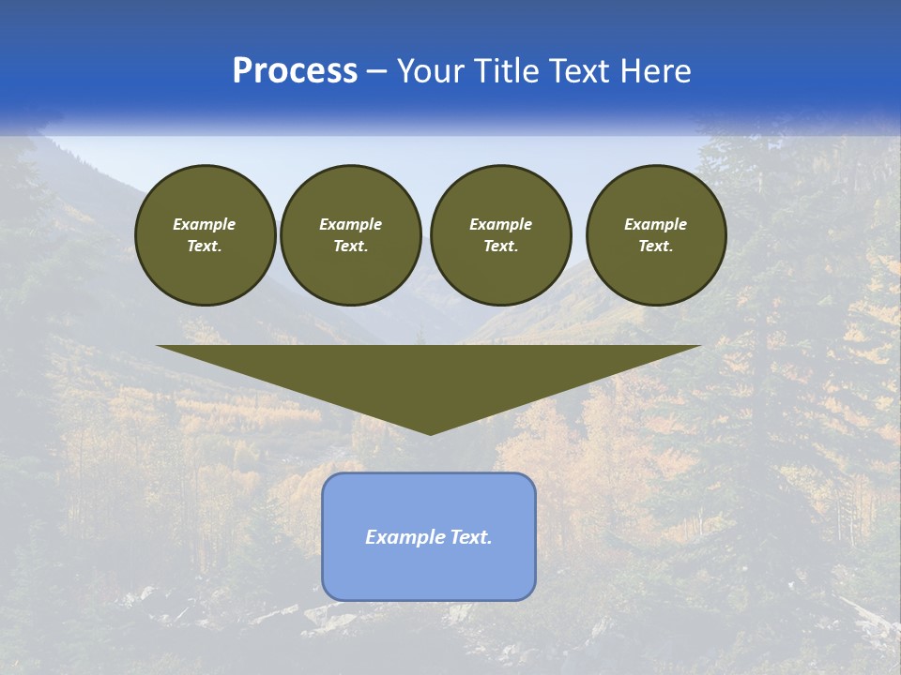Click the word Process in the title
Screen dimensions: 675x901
point(295,71)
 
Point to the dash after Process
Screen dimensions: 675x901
point(377,72)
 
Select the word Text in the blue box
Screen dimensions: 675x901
point(470,537)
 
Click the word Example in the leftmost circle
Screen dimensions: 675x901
point(205,224)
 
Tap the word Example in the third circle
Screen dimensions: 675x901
point(500,224)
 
